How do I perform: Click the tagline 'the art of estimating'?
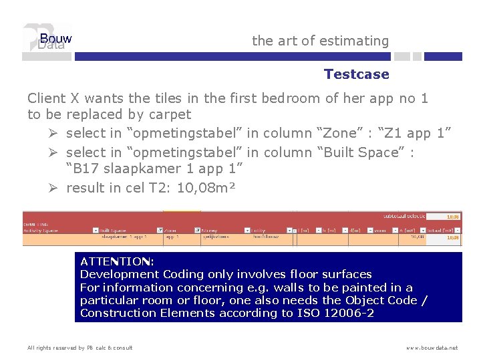pyautogui.click(x=320, y=41)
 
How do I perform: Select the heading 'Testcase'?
pyautogui.click(x=356, y=74)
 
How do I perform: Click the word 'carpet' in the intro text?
pyautogui.click(x=169, y=114)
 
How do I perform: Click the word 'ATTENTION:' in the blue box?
pyautogui.click(x=117, y=261)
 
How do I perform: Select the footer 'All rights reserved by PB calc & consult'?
pyautogui.click(x=79, y=348)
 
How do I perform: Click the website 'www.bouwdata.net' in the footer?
pyautogui.click(x=432, y=348)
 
